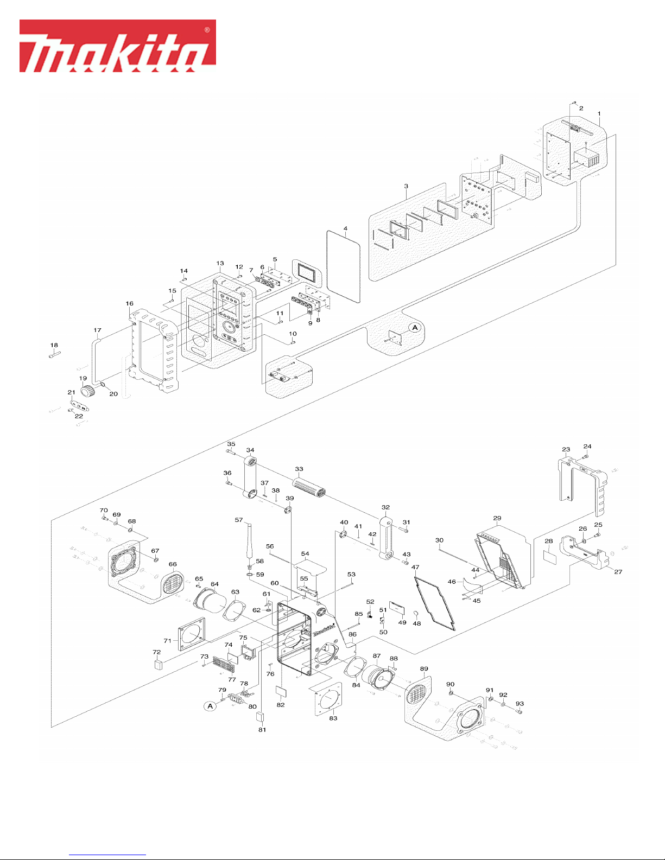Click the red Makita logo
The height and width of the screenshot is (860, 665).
pyautogui.click(x=118, y=46)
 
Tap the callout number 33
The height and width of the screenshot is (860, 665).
pyautogui.click(x=299, y=469)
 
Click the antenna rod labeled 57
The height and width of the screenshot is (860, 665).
pyautogui.click(x=251, y=538)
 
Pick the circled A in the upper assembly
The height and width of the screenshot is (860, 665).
pyautogui.click(x=415, y=327)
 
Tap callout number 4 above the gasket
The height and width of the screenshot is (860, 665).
pyautogui.click(x=346, y=228)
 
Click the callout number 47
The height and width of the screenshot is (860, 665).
pyautogui.click(x=415, y=567)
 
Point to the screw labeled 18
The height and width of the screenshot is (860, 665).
pyautogui.click(x=55, y=355)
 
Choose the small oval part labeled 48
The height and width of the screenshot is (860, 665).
pyautogui.click(x=416, y=614)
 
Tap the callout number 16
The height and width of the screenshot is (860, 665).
pyautogui.click(x=129, y=303)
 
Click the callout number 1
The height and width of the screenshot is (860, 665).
pyautogui.click(x=599, y=113)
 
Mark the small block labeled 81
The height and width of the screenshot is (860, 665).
pyautogui.click(x=261, y=717)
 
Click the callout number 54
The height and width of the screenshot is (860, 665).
pyautogui.click(x=305, y=553)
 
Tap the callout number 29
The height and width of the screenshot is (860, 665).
pyautogui.click(x=497, y=518)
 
